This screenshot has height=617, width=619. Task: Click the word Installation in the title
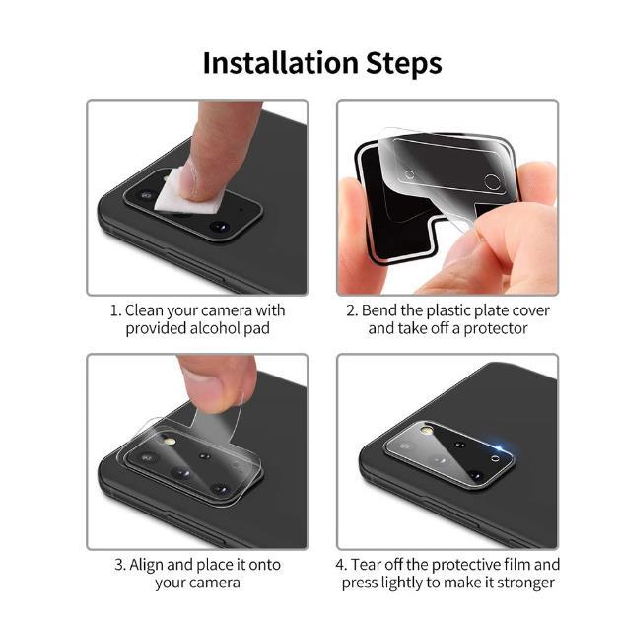click(280, 63)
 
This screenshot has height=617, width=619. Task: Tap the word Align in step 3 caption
click(146, 565)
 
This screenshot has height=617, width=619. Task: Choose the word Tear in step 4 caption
click(366, 565)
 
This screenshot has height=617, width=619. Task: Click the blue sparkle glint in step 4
click(500, 448)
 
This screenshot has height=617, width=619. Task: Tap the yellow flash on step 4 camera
click(426, 430)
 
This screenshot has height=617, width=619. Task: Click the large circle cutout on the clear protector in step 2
click(492, 182)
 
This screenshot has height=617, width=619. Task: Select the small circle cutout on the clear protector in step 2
click(409, 174)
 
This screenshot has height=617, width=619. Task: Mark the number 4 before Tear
click(340, 565)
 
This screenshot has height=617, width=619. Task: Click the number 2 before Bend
click(351, 310)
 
